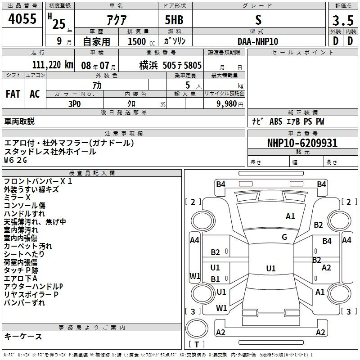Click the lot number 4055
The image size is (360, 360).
(x=22, y=19)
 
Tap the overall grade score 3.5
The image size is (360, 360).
(x=343, y=21)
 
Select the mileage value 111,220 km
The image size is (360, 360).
(x=53, y=65)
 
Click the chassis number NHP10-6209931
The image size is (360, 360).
(x=302, y=143)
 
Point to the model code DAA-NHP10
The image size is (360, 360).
(x=258, y=41)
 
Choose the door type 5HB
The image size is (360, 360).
(x=174, y=20)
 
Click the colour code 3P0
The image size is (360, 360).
(x=75, y=104)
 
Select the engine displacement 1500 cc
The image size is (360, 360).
(x=141, y=41)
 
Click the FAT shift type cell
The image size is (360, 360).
(x=13, y=94)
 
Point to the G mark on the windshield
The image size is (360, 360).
(x=284, y=237)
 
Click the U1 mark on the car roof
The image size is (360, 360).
(x=271, y=268)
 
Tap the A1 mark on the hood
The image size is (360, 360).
(x=290, y=216)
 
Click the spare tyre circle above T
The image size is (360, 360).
(x=197, y=328)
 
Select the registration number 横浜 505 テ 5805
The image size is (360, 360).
(x=171, y=65)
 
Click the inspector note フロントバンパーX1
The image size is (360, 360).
(x=38, y=181)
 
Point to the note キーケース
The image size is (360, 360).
(x=23, y=336)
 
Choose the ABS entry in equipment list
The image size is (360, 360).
(x=276, y=121)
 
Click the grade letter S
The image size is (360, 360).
(x=258, y=20)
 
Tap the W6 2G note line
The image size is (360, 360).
(x=16, y=160)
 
